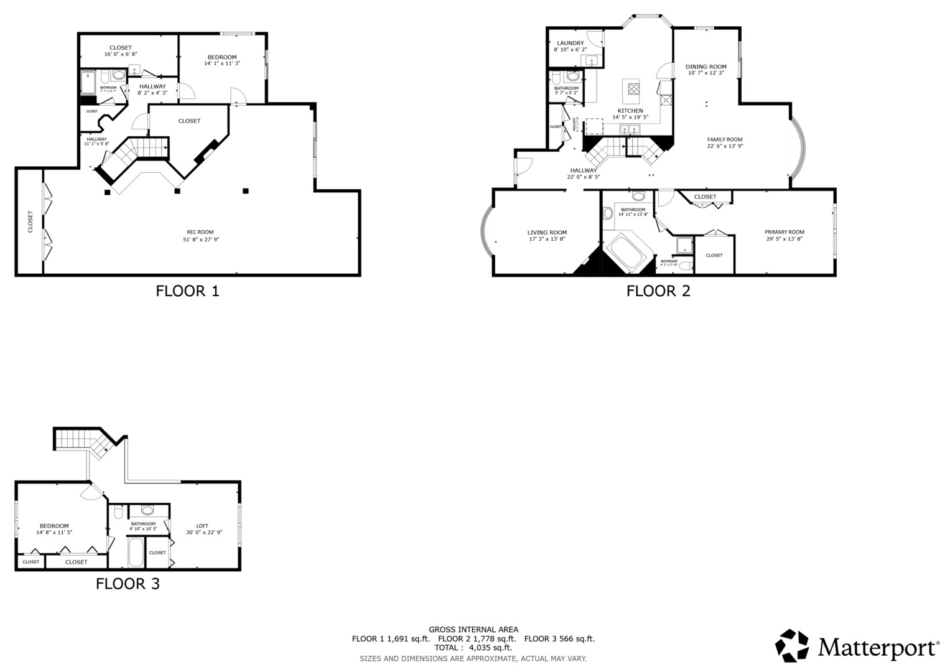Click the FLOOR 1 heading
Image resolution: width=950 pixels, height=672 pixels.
coord(187,291)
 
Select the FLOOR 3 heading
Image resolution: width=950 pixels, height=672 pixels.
coord(128,584)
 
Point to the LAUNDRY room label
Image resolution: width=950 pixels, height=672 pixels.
coord(570,43)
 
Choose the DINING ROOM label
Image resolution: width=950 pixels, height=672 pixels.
coord(706,67)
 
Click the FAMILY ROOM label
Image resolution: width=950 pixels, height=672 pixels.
coord(725,139)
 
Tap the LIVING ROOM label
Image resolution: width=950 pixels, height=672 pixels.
coord(547,233)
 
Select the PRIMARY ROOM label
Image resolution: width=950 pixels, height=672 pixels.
coord(784,232)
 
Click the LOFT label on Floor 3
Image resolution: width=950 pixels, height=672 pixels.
coord(202,526)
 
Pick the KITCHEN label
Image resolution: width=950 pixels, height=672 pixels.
coord(630,111)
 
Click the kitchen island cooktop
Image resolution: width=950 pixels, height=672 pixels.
coord(633,88)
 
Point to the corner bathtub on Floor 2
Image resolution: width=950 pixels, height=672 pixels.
coord(629,254)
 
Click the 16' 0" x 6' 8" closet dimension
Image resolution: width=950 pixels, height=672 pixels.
coord(120,55)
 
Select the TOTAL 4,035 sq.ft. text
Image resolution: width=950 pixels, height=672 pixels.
coord(473,648)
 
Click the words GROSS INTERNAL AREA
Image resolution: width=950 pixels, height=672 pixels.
coord(473,630)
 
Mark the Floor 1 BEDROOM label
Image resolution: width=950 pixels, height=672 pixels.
coord(221,57)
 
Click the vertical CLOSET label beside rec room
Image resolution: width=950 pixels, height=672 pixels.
coord(30,222)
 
